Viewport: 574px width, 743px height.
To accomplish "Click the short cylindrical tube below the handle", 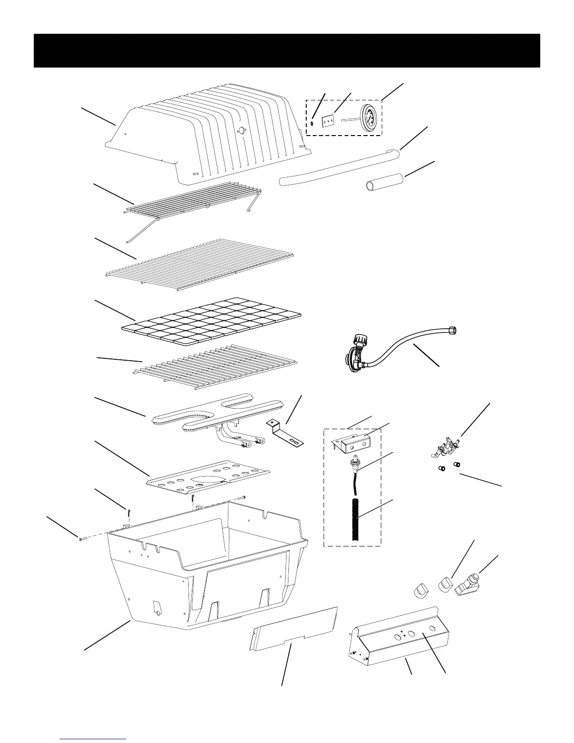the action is click(384, 182).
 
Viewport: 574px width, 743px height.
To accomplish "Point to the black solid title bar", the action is click(287, 51).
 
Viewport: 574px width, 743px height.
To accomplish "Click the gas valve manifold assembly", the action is click(445, 447).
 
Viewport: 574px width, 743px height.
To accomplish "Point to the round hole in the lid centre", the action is click(242, 131).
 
